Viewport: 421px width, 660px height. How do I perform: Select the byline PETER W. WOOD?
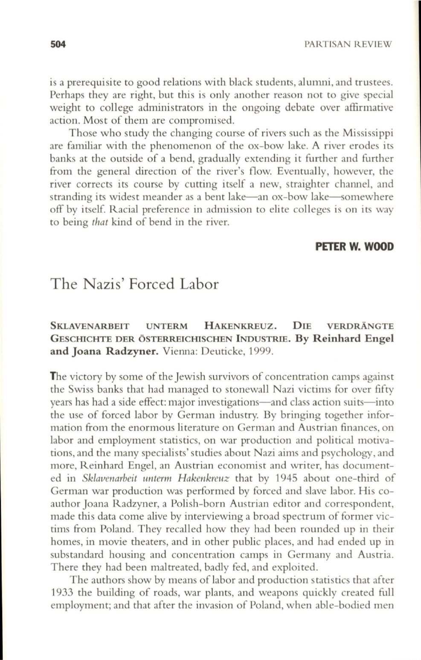[354, 247]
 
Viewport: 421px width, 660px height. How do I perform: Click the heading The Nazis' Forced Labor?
[134, 284]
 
